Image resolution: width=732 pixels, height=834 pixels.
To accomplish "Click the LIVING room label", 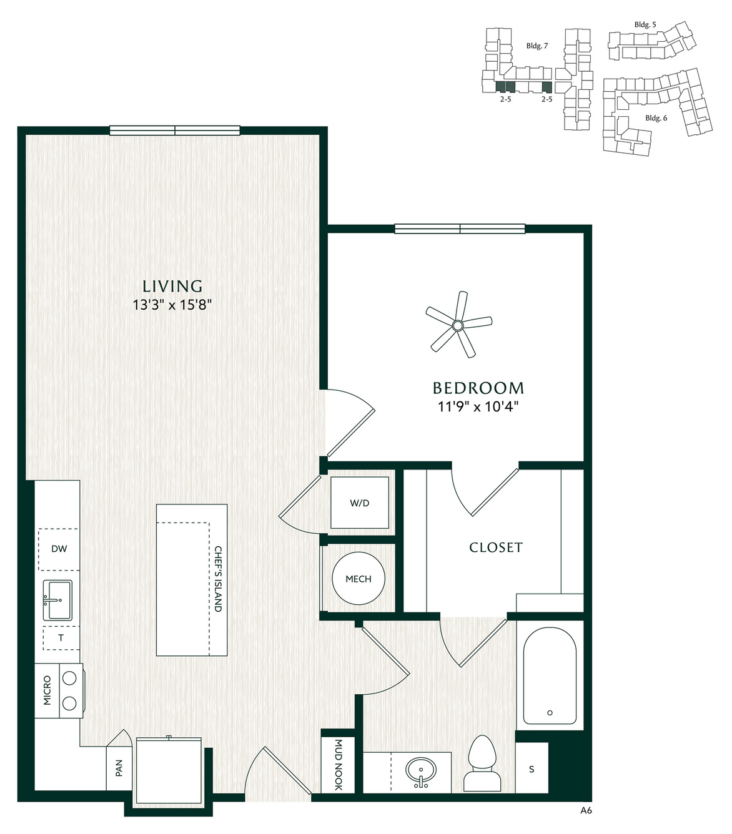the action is click(x=172, y=286).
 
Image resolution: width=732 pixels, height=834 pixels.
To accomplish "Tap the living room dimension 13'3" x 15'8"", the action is click(x=172, y=305).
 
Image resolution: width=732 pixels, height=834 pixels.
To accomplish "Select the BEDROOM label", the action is click(x=478, y=388).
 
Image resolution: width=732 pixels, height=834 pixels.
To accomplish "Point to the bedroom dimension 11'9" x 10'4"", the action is click(x=478, y=407).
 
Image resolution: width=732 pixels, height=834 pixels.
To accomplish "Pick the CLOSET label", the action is click(x=496, y=547).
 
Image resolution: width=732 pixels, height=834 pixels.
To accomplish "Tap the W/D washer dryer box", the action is click(x=360, y=503).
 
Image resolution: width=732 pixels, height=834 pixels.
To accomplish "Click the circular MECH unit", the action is click(x=359, y=578).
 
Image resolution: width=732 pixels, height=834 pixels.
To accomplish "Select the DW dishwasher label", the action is click(x=59, y=548).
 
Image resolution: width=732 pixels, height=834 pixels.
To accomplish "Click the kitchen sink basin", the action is click(x=57, y=600).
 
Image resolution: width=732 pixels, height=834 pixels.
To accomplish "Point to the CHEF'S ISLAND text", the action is click(x=219, y=579).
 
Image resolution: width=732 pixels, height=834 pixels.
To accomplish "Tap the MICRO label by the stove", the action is click(x=47, y=690).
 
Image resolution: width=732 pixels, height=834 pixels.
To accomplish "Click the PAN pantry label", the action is click(x=119, y=768).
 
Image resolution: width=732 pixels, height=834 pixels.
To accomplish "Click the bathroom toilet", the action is click(x=482, y=763).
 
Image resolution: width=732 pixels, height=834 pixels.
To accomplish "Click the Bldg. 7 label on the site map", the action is click(x=537, y=46).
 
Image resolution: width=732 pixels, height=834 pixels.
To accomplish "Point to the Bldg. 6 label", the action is click(x=656, y=118).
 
